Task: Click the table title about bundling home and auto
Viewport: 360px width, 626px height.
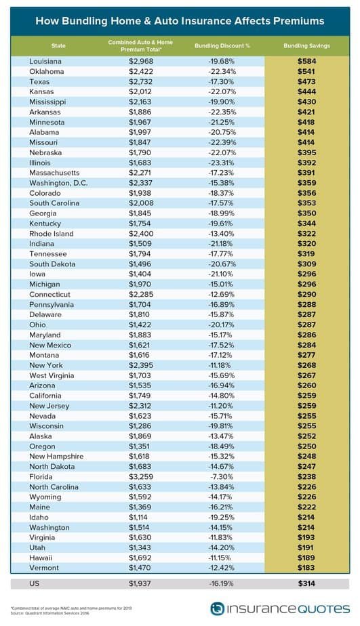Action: (x=180, y=21)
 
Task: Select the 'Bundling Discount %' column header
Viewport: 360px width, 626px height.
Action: (x=222, y=46)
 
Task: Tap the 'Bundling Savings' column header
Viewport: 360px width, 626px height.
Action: (x=307, y=46)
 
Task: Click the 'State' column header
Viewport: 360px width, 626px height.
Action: (x=58, y=46)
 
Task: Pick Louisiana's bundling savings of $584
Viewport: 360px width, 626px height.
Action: (x=307, y=62)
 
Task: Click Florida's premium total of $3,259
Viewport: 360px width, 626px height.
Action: (x=140, y=477)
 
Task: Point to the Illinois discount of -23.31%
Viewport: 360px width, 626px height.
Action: (x=221, y=163)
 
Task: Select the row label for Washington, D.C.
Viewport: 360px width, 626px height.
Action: (x=58, y=183)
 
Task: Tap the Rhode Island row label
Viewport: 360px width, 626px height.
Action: (x=51, y=234)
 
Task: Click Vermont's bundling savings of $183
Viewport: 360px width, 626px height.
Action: (x=307, y=568)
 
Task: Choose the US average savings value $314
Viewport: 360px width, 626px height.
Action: (x=307, y=584)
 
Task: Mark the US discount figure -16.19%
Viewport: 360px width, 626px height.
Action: (x=221, y=584)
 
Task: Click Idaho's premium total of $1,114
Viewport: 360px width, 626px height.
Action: (x=139, y=517)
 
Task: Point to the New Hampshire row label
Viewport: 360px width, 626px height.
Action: (x=56, y=457)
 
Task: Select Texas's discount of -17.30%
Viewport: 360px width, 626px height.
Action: (x=221, y=82)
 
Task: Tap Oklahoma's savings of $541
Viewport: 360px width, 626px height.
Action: (x=307, y=71)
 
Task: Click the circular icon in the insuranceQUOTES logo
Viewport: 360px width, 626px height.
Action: (x=218, y=609)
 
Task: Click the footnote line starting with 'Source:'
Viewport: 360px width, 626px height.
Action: (x=49, y=613)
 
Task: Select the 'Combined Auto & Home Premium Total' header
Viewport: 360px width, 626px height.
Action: (x=140, y=45)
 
